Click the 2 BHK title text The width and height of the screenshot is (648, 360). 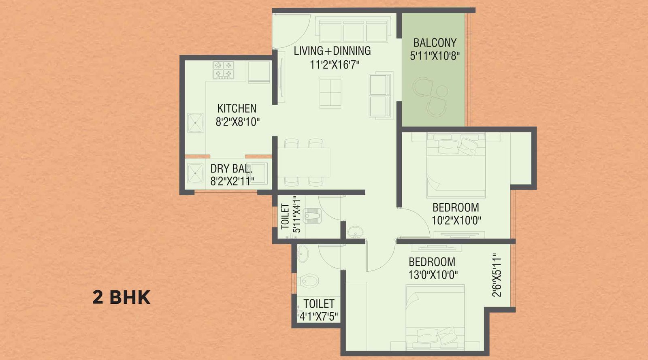[x=121, y=297]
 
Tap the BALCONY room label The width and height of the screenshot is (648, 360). [x=435, y=43]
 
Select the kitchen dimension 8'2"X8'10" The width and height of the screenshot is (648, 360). [x=237, y=121]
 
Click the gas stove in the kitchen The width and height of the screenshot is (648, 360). [x=224, y=70]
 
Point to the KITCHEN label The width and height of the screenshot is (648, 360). [x=237, y=108]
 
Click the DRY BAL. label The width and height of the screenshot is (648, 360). [x=231, y=168]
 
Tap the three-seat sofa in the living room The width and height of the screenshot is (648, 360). [x=354, y=30]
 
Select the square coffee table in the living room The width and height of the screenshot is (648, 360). [x=330, y=93]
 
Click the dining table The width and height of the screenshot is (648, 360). [x=304, y=162]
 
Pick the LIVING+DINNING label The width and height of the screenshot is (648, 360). [x=332, y=51]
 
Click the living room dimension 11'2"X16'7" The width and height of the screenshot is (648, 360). [x=335, y=64]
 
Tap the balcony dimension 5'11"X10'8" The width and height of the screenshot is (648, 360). [x=435, y=56]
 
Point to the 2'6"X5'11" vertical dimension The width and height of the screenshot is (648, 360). [x=497, y=275]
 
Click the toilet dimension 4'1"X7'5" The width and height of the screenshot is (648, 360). [x=319, y=316]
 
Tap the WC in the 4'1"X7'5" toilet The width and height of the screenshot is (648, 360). [x=309, y=280]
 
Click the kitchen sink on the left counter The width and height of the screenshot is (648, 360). [x=195, y=123]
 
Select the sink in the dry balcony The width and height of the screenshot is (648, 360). [x=195, y=173]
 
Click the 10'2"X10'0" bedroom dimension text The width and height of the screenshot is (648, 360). [x=456, y=221]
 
